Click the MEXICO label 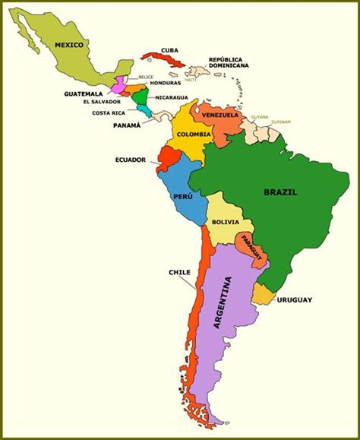coord(68,45)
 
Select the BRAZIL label coord(280,192)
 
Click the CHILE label coord(179,271)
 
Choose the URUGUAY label coord(294,299)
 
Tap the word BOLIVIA coord(226,222)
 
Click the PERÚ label coord(180,195)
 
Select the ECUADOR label coord(131,160)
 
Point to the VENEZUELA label coord(220,114)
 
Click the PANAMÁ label coord(127,125)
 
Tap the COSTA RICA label coord(109,113)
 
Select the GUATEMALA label coord(84,93)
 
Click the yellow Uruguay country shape coord(263,293)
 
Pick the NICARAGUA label coord(171,97)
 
